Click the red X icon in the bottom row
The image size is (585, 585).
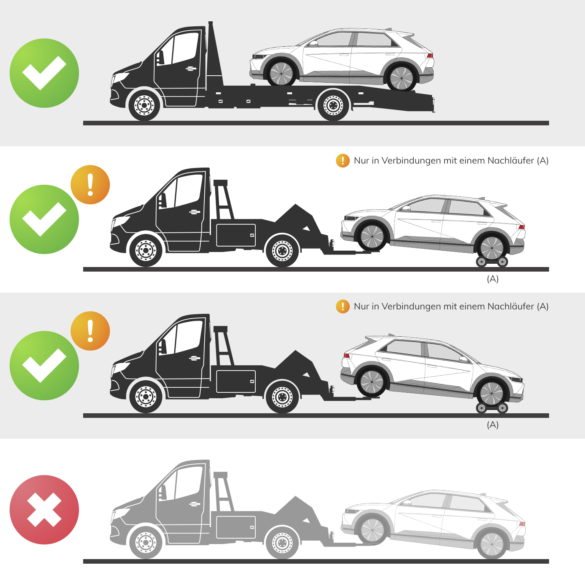44,510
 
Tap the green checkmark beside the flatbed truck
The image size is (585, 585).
44,73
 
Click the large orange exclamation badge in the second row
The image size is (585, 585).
90,185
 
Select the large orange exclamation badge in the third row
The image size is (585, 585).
90,331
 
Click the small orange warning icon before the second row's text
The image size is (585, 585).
343,160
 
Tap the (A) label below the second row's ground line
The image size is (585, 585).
492,279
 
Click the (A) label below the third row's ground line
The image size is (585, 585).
492,425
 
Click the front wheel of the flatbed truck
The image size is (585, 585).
144,105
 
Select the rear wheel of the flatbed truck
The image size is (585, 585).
333,105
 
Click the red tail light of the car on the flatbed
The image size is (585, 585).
430,56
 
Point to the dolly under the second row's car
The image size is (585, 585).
492,262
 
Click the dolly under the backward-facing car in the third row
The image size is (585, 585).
492,408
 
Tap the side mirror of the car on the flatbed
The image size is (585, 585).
314,43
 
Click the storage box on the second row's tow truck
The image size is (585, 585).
236,235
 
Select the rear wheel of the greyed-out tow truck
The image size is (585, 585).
282,542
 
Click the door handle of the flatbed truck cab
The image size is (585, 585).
191,69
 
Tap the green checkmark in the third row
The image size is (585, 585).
44,366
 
